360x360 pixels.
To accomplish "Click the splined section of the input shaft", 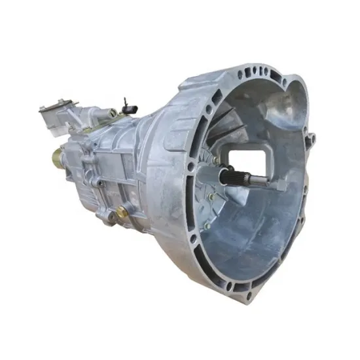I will click(231, 175).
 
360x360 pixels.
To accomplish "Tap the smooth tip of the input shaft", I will click(259, 183).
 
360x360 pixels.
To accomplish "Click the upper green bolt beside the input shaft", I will click(215, 158).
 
